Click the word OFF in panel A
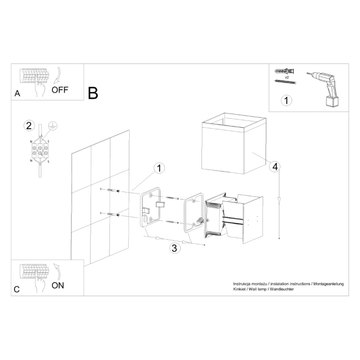point(60,89)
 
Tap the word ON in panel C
point(58,285)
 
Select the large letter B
point(93,93)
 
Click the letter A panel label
point(17,94)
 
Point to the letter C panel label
point(17,289)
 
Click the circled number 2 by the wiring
point(29,126)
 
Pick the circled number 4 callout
point(274,167)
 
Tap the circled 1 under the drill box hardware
point(286,100)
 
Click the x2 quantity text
point(287,77)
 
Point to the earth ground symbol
point(51,125)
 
